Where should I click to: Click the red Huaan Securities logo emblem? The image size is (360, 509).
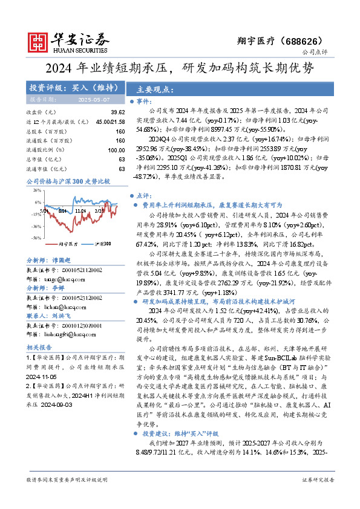point(38,42)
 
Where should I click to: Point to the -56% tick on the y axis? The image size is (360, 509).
point(36,238)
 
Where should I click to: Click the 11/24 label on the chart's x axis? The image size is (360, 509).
point(80,211)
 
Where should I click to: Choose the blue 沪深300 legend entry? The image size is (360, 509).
point(100,243)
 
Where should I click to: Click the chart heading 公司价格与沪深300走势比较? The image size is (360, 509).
point(68,181)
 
